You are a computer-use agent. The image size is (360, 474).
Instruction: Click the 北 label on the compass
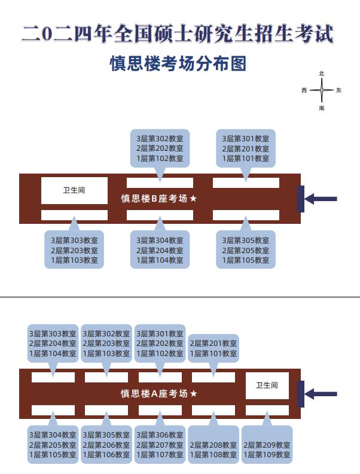tap(322, 73)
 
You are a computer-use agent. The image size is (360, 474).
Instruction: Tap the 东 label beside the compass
tap(338, 91)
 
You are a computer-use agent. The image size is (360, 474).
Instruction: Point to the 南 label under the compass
tap(322, 108)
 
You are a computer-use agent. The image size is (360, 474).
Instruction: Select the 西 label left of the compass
tap(304, 91)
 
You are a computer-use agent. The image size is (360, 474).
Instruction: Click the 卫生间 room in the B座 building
tap(74, 190)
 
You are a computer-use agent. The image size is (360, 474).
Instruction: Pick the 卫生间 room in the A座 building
tap(267, 385)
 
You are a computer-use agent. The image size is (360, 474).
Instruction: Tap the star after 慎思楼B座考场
tap(193, 199)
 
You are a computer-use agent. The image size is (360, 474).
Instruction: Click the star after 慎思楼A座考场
tap(193, 394)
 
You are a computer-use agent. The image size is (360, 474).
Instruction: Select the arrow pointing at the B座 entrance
tap(321, 199)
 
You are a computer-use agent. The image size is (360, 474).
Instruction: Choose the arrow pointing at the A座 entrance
tap(321, 394)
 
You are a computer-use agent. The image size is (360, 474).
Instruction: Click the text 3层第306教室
tap(160, 434)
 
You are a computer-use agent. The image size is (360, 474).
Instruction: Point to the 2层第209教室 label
tap(267, 445)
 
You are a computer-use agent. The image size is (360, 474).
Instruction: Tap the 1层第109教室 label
tap(267, 455)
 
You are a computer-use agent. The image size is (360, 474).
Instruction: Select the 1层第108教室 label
tap(213, 455)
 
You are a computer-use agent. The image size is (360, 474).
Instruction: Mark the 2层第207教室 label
tap(160, 445)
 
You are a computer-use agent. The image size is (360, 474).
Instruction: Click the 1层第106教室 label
tap(106, 455)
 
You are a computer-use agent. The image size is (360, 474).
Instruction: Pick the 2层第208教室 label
tap(213, 445)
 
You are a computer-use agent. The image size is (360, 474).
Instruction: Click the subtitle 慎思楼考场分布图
tap(178, 63)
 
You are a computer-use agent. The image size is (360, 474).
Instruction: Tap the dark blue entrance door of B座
tap(301, 199)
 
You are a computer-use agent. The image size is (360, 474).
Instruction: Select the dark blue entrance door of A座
tap(301, 394)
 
